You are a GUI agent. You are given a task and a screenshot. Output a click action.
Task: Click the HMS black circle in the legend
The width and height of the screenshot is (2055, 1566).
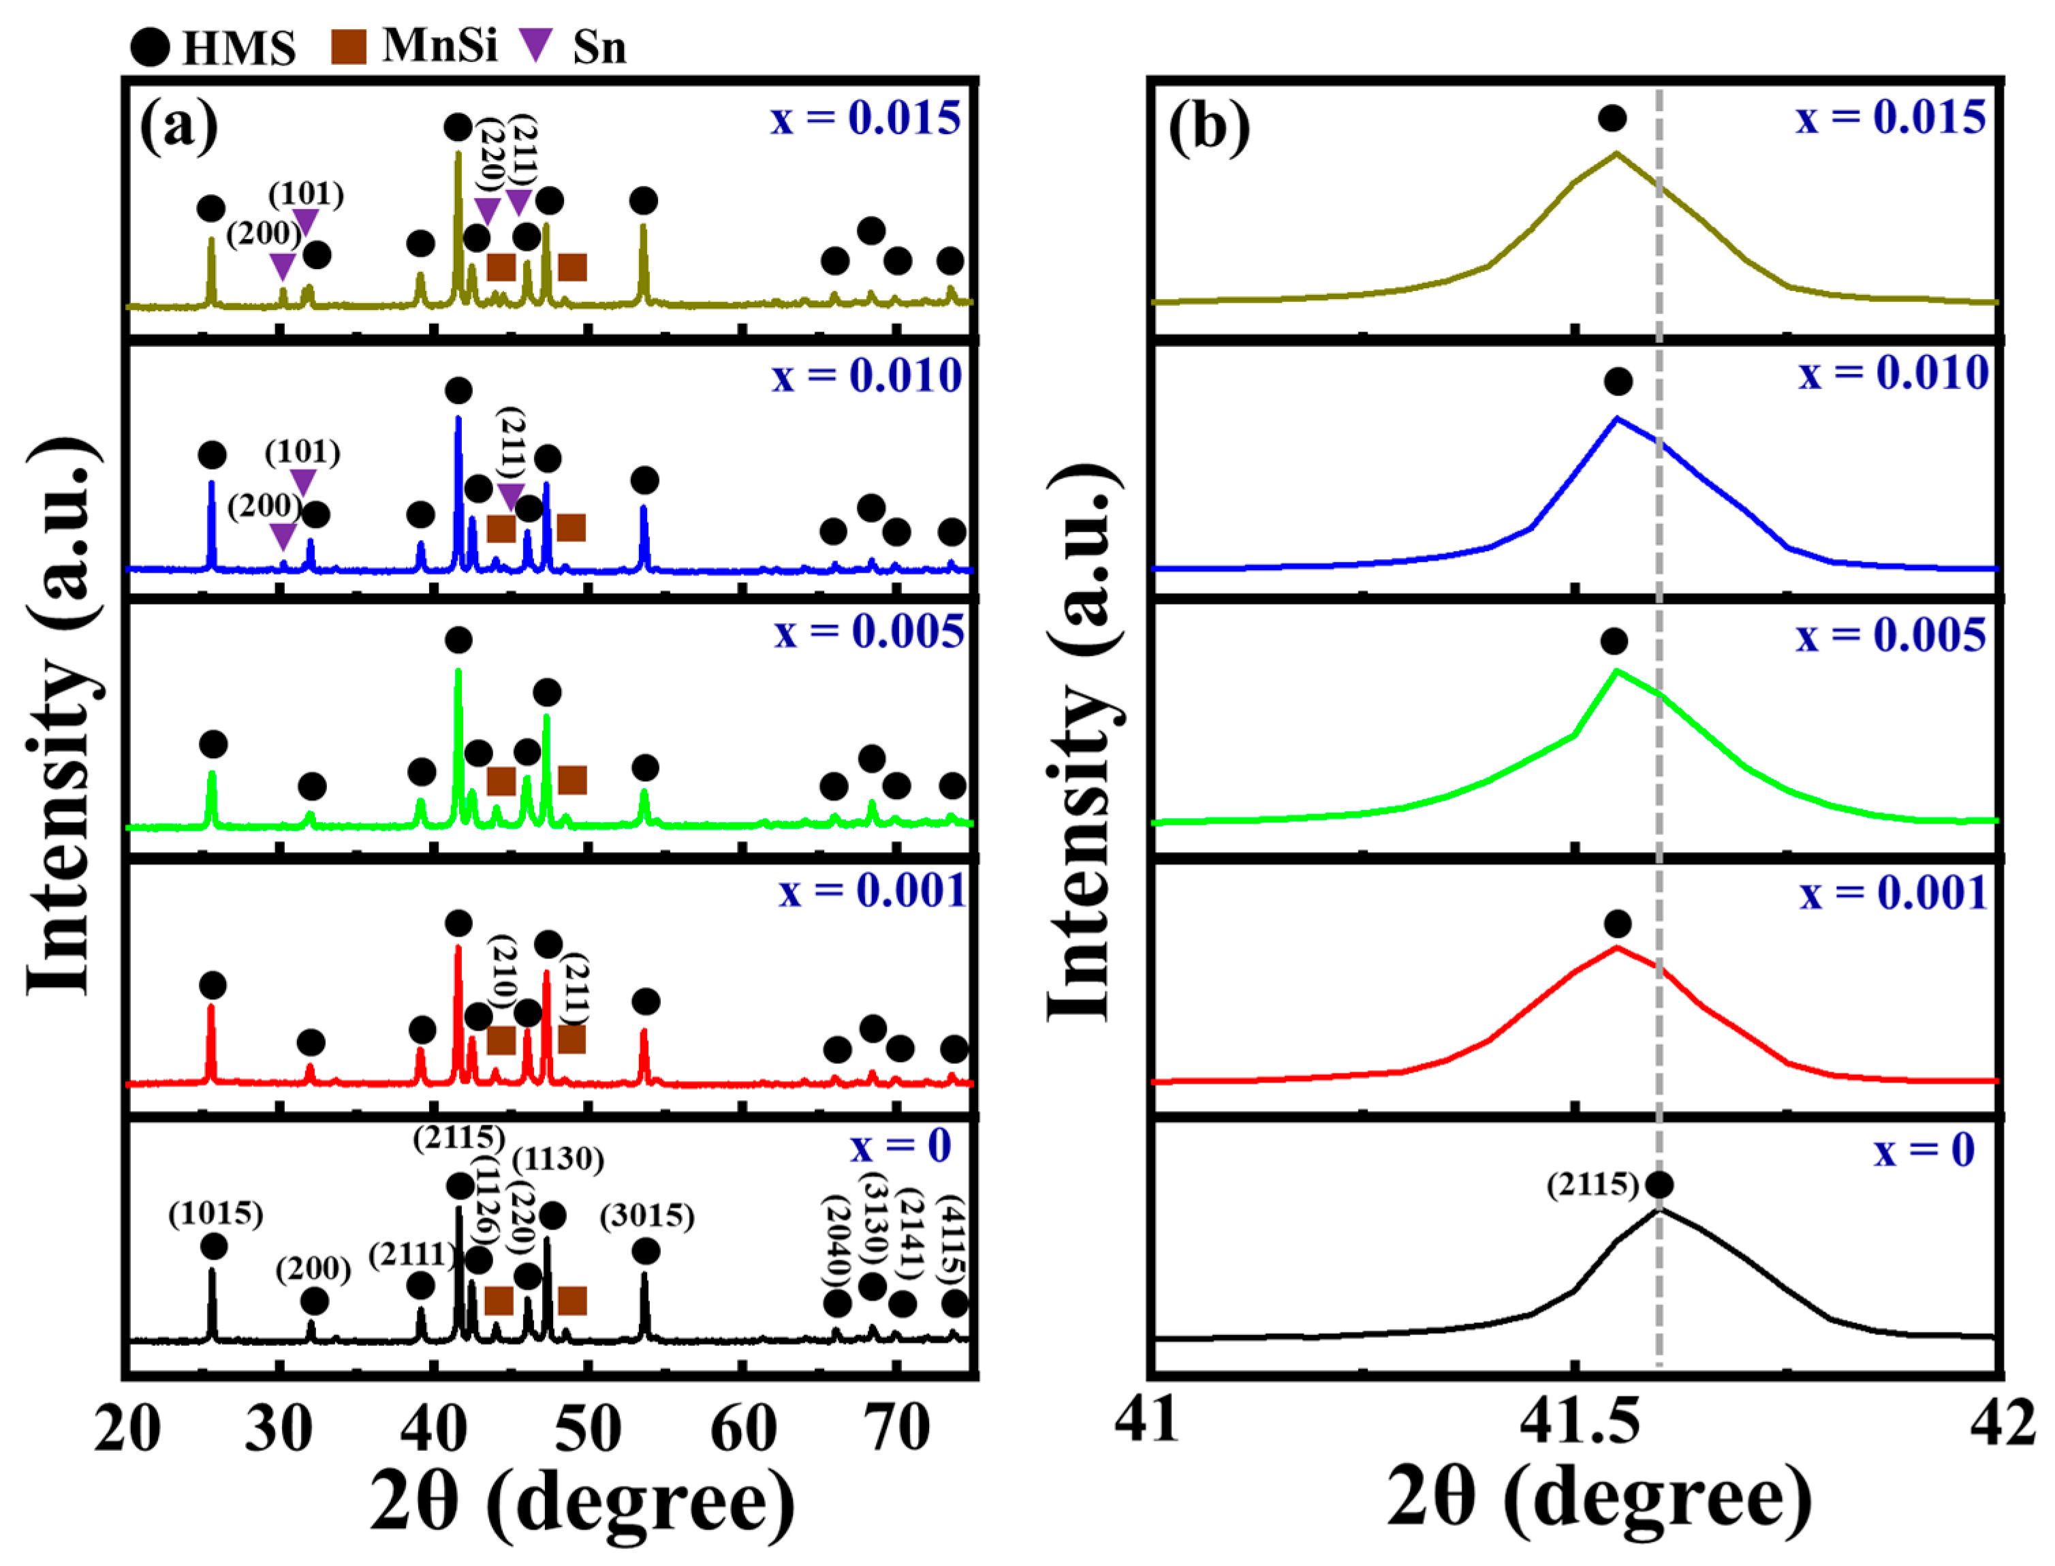point(149,46)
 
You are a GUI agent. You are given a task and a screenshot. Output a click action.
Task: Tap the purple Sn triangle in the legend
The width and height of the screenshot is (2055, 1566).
point(536,44)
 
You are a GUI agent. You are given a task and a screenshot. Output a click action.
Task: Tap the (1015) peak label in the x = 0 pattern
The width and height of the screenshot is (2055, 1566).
point(215,1214)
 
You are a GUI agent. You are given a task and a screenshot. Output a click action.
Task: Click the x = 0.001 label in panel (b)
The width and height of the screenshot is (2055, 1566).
point(1893,893)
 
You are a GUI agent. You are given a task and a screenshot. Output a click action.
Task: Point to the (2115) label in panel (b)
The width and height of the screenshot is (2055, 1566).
point(1592,1185)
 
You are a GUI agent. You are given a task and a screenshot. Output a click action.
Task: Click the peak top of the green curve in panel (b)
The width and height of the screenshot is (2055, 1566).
point(1616,671)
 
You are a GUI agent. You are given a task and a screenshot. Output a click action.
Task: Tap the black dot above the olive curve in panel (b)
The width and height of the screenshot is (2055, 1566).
point(1612,119)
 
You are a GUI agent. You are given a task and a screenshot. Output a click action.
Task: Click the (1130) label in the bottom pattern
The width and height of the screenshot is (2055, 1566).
point(557,1159)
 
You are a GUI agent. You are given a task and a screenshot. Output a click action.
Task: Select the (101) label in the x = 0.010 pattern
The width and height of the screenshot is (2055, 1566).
point(302,453)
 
